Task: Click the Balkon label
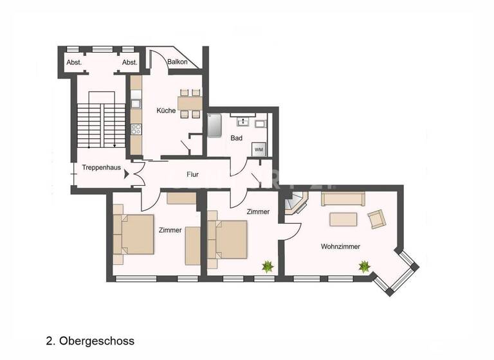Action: tap(178, 62)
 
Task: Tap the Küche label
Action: tap(166, 111)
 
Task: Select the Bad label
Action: tap(237, 138)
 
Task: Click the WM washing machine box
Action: tap(259, 150)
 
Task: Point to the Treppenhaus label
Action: tap(102, 168)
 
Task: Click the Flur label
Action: tap(192, 174)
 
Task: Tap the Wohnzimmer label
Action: tap(340, 246)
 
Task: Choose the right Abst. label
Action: tap(130, 62)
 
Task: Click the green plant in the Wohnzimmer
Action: tap(364, 265)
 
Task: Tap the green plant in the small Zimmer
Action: tap(266, 266)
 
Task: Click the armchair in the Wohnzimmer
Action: tap(377, 219)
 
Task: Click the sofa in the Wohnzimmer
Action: tap(343, 199)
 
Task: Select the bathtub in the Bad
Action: tap(214, 126)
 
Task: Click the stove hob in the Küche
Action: tap(136, 128)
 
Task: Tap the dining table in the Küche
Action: tap(190, 103)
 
